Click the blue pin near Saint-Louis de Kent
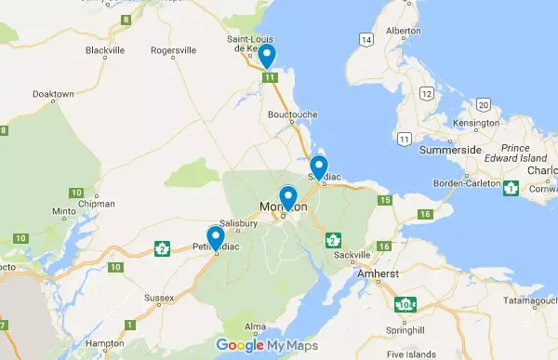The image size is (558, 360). click(x=268, y=55)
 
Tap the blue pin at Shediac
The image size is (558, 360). click(x=318, y=166)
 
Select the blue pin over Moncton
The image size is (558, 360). click(x=288, y=196)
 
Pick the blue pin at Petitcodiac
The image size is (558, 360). click(x=216, y=237)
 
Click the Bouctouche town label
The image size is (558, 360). click(x=293, y=115)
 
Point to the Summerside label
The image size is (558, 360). click(x=450, y=149)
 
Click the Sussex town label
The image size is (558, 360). click(x=160, y=300)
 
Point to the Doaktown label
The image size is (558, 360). click(x=53, y=94)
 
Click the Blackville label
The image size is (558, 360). click(x=104, y=49)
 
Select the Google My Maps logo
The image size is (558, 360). click(x=267, y=346)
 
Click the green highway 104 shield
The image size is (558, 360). click(x=405, y=303)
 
